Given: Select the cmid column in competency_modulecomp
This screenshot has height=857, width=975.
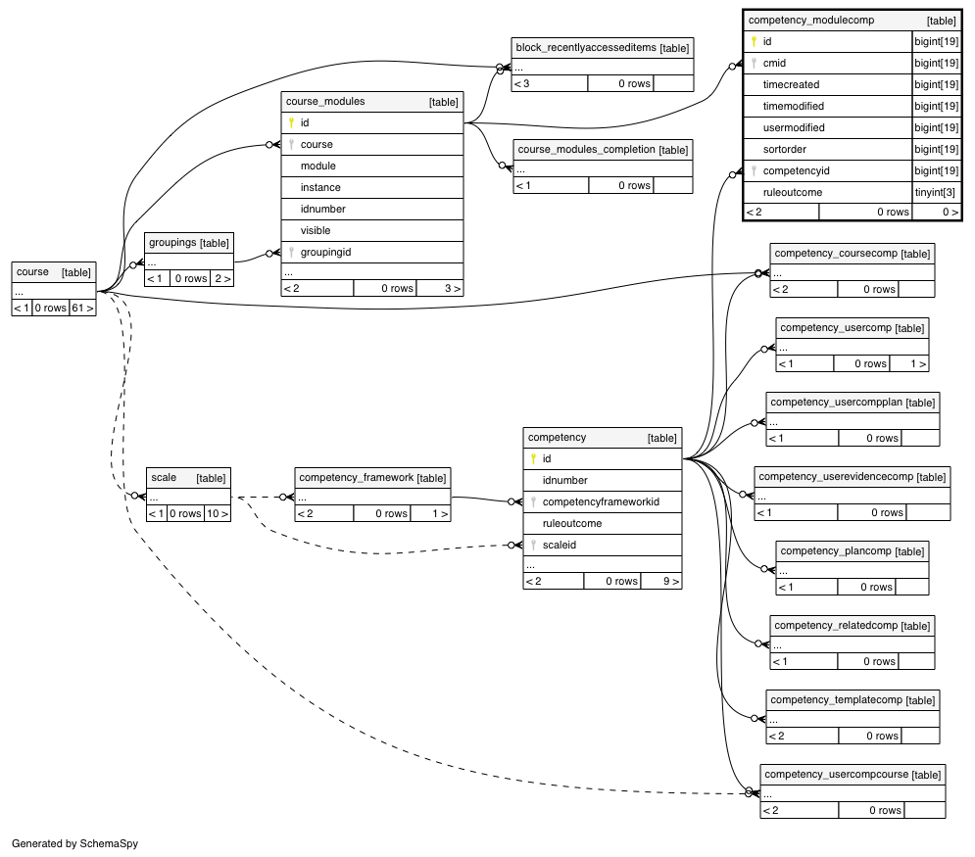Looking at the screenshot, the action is [x=774, y=63].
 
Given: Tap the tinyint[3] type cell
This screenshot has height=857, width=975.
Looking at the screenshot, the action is [x=935, y=192].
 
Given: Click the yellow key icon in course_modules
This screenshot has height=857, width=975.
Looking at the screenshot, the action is [x=291, y=122].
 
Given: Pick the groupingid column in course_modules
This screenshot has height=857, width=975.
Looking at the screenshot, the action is [x=325, y=252].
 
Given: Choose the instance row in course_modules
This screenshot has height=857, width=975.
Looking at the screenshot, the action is [x=320, y=187].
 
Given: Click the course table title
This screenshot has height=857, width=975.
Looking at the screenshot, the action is [x=32, y=271].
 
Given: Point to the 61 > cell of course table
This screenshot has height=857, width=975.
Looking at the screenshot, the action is [x=82, y=308].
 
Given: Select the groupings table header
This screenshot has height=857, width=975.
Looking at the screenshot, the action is [x=189, y=242].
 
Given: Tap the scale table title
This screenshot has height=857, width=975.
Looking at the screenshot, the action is [x=164, y=477].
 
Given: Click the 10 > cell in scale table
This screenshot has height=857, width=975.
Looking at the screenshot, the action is [x=217, y=513].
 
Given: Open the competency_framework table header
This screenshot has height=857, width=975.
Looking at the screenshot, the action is [x=372, y=477].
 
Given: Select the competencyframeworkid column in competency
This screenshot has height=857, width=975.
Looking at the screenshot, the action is [x=601, y=501].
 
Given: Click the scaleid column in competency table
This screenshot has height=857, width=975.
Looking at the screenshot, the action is [x=559, y=545].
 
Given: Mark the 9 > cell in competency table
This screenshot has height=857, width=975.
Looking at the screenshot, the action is [x=671, y=581].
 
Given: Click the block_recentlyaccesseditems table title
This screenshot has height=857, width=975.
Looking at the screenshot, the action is [x=586, y=47].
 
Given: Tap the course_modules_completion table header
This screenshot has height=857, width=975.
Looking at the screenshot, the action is [x=603, y=149].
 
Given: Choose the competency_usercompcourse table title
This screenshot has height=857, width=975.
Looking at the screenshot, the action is [x=836, y=774].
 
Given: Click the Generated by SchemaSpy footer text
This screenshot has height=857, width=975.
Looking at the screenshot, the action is [x=74, y=843].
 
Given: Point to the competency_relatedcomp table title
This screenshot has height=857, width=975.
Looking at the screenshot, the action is [x=836, y=625].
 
